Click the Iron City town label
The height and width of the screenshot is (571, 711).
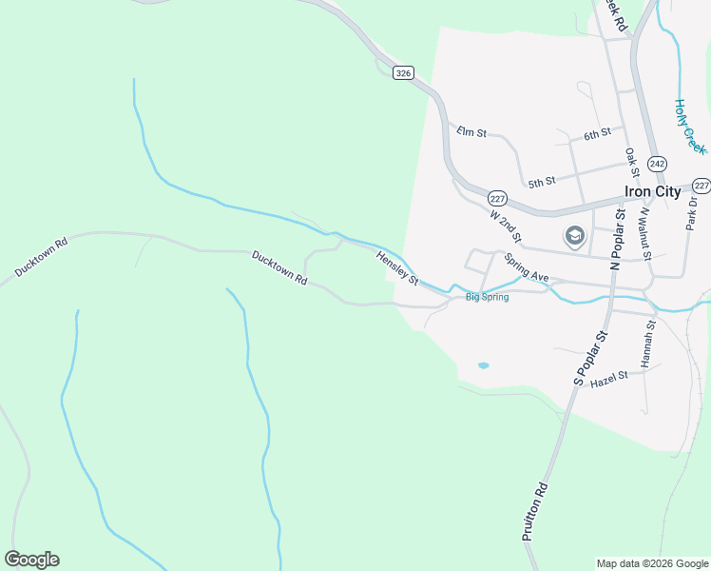[x=652, y=191]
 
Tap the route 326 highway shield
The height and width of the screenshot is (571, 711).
[x=404, y=73]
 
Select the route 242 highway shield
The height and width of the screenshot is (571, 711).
[x=657, y=164]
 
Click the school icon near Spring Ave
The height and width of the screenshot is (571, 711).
[x=574, y=236]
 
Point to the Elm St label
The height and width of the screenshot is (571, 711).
[x=471, y=132]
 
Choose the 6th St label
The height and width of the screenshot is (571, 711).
[x=596, y=135]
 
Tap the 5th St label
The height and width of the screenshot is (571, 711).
[x=542, y=182]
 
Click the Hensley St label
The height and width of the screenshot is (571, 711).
[x=397, y=268]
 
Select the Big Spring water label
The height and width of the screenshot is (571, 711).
[x=487, y=297]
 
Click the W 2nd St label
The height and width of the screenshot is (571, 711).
[x=507, y=226]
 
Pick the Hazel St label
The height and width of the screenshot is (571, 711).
[x=609, y=378]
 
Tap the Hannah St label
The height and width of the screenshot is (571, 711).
[x=648, y=345]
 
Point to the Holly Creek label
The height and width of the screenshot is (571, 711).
[x=690, y=127]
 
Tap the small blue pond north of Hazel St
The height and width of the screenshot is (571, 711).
[x=483, y=365]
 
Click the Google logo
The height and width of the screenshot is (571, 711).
[x=31, y=560]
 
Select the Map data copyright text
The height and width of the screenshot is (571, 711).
[x=652, y=563]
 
